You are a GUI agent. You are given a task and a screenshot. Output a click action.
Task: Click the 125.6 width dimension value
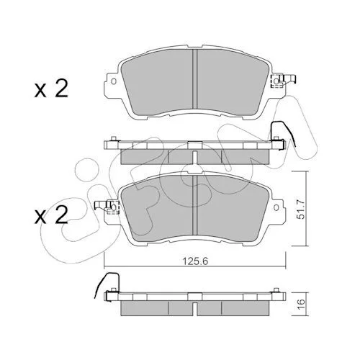pos(195,261)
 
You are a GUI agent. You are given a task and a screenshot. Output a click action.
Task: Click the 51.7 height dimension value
pos(301,210)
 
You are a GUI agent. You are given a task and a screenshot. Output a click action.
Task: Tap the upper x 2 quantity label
pos(51,89)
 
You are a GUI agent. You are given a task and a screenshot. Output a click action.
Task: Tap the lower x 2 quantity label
pos(51,215)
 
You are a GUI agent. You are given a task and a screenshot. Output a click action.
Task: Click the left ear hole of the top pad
pos(114,81)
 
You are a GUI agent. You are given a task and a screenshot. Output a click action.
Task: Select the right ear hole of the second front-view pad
pos(276,207)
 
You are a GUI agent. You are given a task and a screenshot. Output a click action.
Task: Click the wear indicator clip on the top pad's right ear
pos(283,81)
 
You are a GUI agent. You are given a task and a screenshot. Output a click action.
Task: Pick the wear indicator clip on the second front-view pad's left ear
pos(107,207)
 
